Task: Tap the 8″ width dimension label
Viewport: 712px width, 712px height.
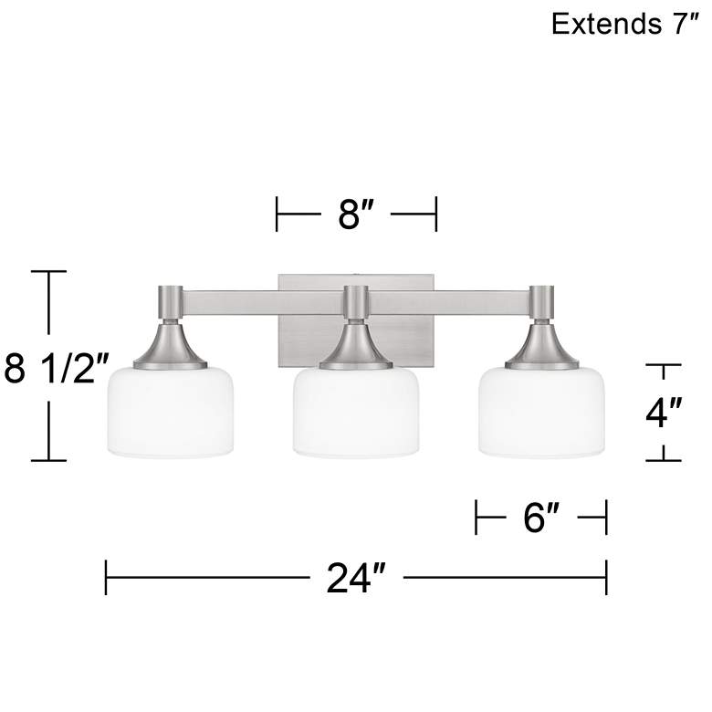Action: [356, 217]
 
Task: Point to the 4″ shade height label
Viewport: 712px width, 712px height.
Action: [665, 413]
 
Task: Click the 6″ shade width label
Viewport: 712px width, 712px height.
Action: [540, 519]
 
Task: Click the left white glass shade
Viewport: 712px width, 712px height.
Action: [170, 411]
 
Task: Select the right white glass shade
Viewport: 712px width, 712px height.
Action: [541, 411]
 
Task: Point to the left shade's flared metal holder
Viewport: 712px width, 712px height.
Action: [170, 347]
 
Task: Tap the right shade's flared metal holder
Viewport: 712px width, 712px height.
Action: [541, 347]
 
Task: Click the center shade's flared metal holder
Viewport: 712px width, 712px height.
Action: [356, 347]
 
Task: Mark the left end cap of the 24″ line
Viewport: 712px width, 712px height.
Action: [107, 578]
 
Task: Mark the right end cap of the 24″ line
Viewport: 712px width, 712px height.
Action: [606, 578]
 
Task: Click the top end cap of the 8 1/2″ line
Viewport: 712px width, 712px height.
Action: [48, 272]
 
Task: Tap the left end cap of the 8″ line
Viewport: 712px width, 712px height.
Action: [277, 217]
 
